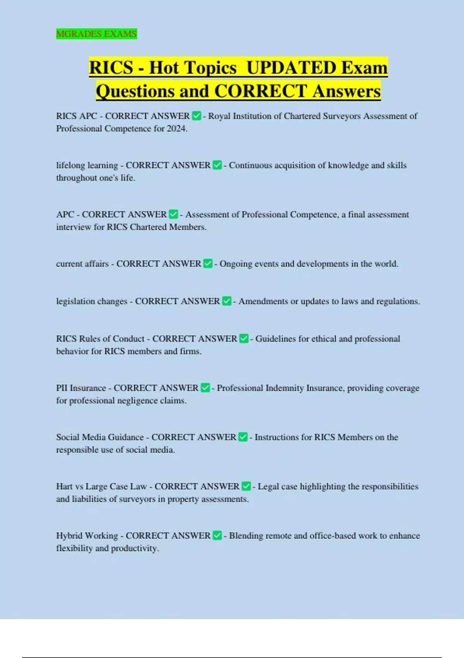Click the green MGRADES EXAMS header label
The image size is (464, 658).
[96, 34]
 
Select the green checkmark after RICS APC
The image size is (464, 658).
[196, 116]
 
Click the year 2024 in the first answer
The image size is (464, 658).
[177, 129]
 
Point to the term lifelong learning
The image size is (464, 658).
[87, 165]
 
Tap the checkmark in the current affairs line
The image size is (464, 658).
[208, 264]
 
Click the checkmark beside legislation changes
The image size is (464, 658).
[227, 301]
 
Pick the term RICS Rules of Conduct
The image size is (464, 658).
[100, 339]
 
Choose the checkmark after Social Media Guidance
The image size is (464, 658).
[243, 437]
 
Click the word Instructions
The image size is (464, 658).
[276, 437]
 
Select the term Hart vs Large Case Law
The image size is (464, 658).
[101, 486]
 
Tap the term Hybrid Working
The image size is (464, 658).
[87, 536]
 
